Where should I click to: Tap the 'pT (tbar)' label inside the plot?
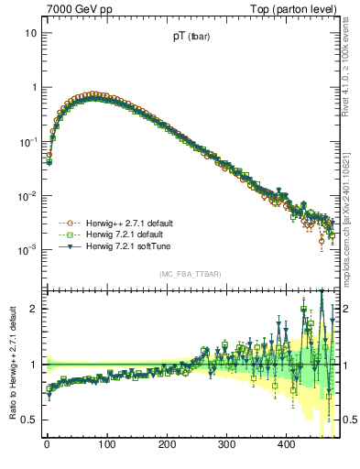188,38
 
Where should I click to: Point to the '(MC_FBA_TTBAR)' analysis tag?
188,274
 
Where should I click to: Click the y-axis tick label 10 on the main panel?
30,33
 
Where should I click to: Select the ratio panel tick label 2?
33,309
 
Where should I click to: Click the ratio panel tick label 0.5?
29,420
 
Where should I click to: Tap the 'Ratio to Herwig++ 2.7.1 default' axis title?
10,364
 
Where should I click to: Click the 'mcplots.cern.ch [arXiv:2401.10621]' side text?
351,220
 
